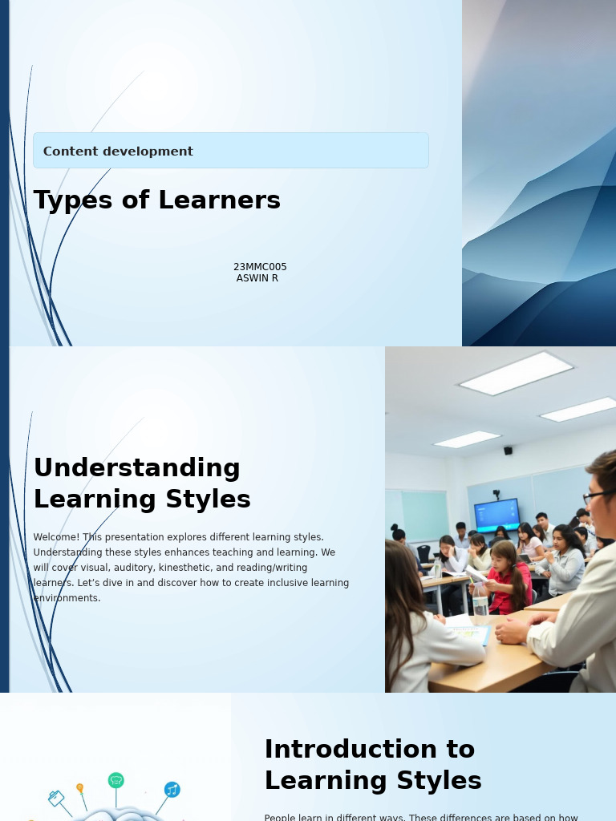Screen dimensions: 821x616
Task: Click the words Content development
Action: pyautogui.click(x=118, y=152)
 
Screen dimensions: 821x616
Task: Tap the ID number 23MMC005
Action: pyautogui.click(x=260, y=267)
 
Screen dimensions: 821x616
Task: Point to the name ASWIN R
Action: pyautogui.click(x=257, y=278)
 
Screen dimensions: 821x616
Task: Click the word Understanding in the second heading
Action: pyautogui.click(x=137, y=467)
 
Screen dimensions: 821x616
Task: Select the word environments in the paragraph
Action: pyautogui.click(x=67, y=598)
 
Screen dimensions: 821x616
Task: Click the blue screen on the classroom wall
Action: pyautogui.click(x=496, y=514)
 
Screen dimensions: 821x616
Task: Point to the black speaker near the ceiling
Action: pyautogui.click(x=508, y=451)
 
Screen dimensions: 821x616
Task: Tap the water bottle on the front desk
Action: pyautogui.click(x=480, y=600)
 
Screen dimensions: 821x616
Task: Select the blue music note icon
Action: pyautogui.click(x=172, y=790)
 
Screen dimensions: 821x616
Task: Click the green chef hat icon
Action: pyautogui.click(x=116, y=780)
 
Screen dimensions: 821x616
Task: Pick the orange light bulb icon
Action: pyautogui.click(x=79, y=788)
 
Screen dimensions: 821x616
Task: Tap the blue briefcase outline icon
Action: pyautogui.click(x=56, y=799)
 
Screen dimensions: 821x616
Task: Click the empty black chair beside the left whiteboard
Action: pyautogui.click(x=423, y=553)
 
